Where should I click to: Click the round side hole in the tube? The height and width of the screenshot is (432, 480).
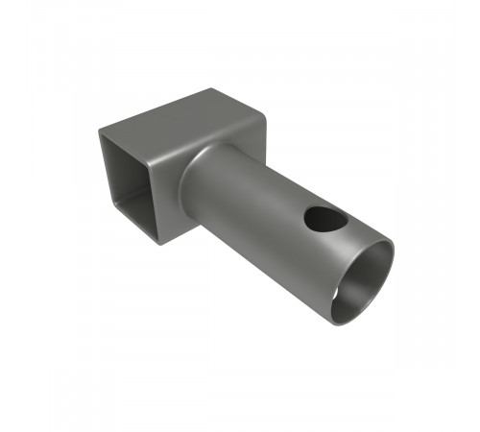coord(325,219)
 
